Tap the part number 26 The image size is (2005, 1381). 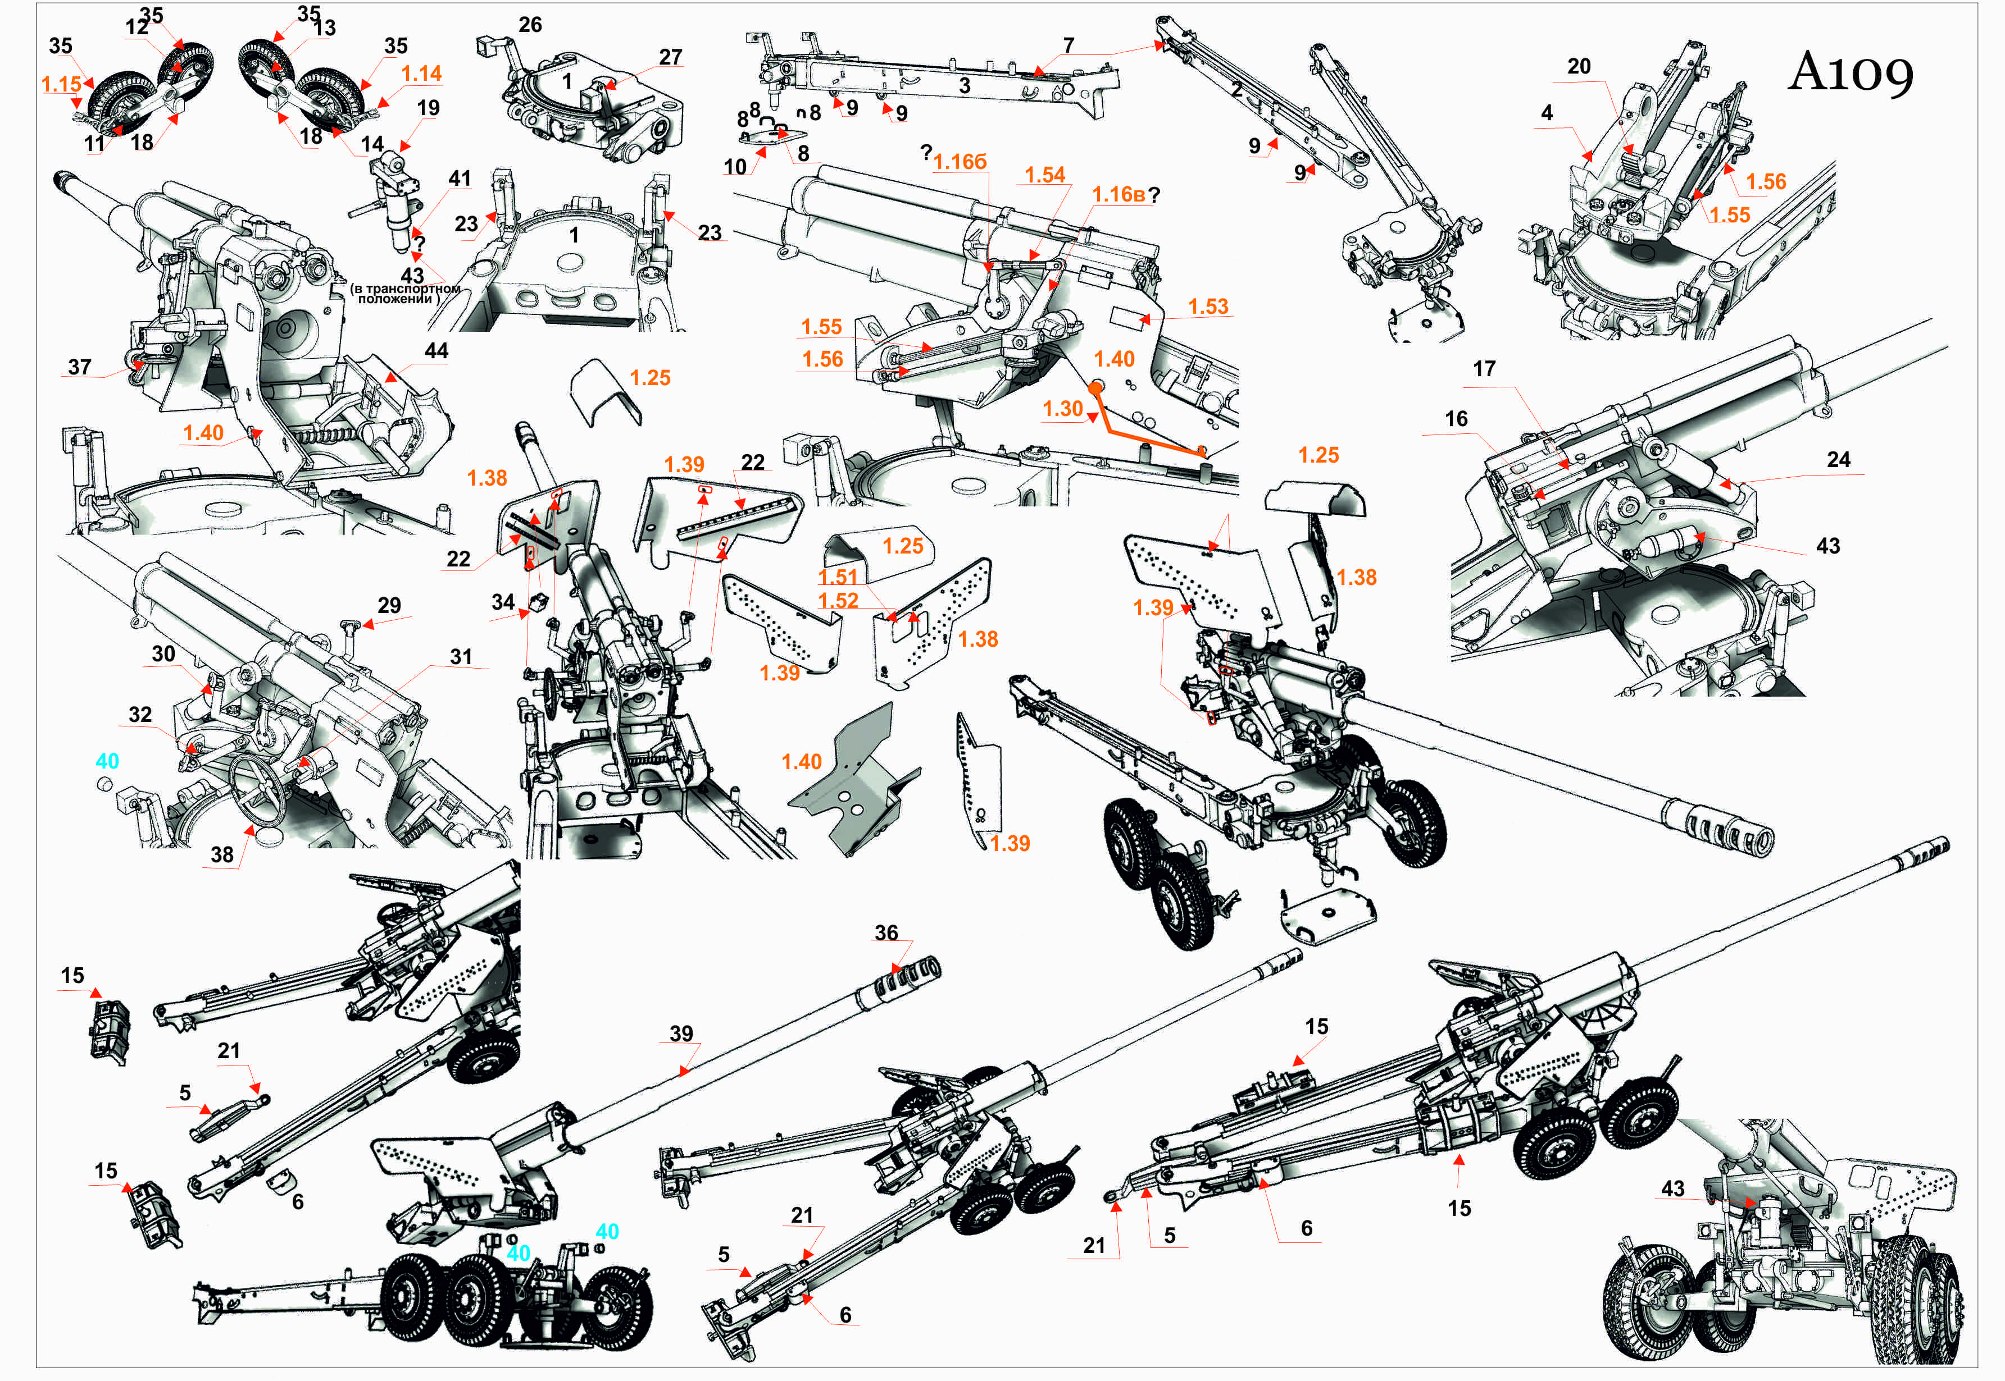pos(530,25)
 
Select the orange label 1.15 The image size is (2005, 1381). pos(61,85)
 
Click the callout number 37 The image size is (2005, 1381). pos(80,368)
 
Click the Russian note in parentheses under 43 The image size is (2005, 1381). pos(405,294)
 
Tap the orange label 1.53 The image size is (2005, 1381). pos(1208,307)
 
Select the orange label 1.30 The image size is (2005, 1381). pos(1062,409)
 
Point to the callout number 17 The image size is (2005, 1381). pos(1484,369)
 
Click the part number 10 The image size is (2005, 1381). pos(734,167)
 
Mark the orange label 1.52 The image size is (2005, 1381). pos(838,601)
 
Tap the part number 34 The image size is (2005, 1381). pos(503,602)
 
